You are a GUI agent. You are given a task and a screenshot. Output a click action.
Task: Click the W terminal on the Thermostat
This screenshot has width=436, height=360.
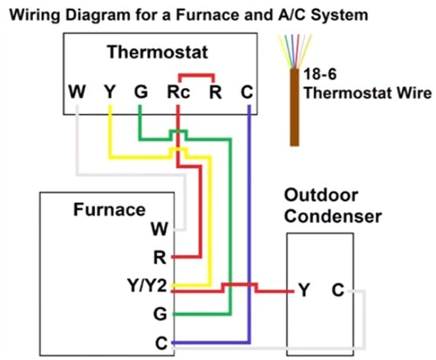coord(77,91)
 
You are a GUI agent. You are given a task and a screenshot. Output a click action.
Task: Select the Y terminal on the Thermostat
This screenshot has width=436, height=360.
coord(109,91)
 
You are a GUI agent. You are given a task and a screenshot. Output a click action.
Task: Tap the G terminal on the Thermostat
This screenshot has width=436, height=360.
coord(140,91)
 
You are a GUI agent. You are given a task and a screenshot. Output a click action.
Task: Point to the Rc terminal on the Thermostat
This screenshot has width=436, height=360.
coord(177,91)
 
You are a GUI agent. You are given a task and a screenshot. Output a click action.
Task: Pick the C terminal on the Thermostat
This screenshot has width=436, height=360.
coord(248,91)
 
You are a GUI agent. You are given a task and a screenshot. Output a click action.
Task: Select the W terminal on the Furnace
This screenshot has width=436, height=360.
coord(159,229)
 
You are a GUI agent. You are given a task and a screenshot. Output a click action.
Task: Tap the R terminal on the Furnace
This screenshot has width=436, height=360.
coord(160,258)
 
